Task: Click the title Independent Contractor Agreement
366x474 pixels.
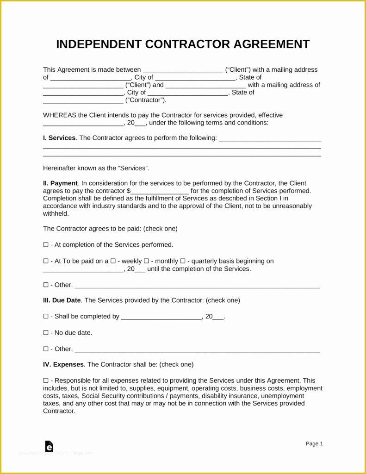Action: (183, 44)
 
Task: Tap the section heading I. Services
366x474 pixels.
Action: (59, 138)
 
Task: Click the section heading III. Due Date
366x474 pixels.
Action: (62, 300)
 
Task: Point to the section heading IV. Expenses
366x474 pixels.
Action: (63, 365)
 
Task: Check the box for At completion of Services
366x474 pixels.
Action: (46, 245)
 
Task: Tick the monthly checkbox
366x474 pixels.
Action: (146, 261)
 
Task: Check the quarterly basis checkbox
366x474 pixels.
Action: (183, 261)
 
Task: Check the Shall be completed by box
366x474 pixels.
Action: (46, 317)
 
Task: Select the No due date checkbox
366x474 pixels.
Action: (46, 333)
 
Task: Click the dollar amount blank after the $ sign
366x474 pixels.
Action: (160, 191)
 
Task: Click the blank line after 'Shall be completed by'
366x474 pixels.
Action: (161, 317)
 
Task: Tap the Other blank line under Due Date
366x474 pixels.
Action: (197, 349)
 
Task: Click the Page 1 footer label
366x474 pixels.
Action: (314, 443)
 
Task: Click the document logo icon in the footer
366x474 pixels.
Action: (49, 446)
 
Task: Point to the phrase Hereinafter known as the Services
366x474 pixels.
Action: (96, 168)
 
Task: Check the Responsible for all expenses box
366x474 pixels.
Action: (46, 380)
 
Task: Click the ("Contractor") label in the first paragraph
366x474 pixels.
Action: (146, 100)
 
